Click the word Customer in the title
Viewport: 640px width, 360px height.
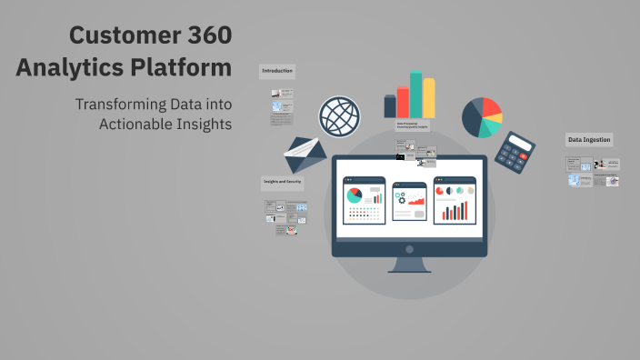[x=126, y=36]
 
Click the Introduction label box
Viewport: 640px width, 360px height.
[x=277, y=71]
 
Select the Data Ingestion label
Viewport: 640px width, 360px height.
[x=589, y=140]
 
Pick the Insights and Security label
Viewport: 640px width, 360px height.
[x=283, y=182]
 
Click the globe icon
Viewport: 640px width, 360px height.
[x=340, y=117]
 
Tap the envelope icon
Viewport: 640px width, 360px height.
[x=305, y=155]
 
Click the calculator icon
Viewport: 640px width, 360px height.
[x=519, y=153]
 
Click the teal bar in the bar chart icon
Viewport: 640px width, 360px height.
[x=415, y=95]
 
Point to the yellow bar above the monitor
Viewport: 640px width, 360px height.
[x=429, y=98]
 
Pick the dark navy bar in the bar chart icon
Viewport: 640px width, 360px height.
[x=390, y=106]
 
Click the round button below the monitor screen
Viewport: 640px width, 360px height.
[x=409, y=248]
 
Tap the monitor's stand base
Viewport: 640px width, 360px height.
[x=409, y=268]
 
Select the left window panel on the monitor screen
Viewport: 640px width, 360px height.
[x=365, y=200]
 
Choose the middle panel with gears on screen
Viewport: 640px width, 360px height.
[x=409, y=201]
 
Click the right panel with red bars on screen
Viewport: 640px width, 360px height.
[x=455, y=200]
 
